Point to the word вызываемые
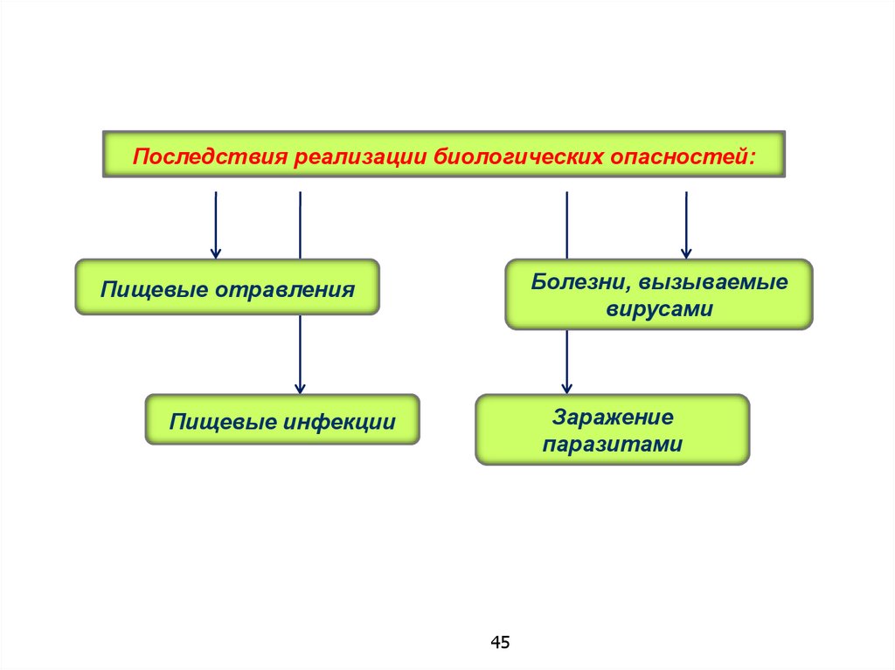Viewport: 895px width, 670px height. tap(712, 283)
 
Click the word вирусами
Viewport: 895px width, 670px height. tap(659, 309)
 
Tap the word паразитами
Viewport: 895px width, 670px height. tap(612, 445)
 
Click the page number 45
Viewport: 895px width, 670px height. tap(500, 643)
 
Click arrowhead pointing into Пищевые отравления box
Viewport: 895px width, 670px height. tap(215, 252)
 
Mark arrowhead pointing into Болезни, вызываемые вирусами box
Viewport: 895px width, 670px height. tap(686, 252)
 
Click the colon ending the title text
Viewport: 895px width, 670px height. tap(752, 159)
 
